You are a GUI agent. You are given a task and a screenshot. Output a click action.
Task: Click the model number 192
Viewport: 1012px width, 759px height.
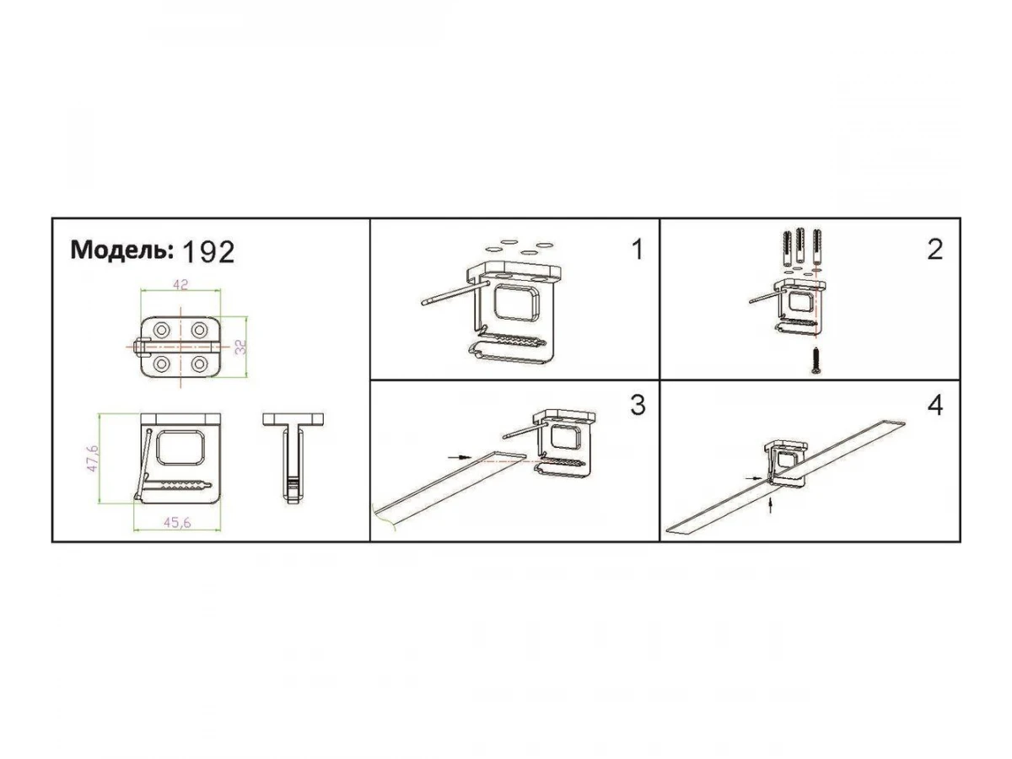point(209,252)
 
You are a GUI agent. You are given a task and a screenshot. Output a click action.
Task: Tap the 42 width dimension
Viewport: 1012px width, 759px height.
point(180,285)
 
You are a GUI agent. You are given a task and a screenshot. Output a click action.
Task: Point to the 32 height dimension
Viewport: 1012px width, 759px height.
point(240,347)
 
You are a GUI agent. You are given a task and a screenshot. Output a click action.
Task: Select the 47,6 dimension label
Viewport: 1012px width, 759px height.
point(92,458)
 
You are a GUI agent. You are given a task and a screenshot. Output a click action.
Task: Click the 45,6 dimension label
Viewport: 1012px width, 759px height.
point(177,523)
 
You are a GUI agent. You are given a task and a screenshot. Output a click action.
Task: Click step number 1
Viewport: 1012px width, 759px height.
point(637,250)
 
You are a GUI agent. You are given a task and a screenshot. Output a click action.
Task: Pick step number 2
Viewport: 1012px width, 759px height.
point(934,250)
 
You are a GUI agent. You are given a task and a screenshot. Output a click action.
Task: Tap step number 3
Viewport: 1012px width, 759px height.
point(638,405)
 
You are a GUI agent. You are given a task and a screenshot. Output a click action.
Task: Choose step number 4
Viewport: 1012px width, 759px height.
point(934,406)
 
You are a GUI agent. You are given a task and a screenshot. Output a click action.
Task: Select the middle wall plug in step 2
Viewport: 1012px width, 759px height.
point(800,245)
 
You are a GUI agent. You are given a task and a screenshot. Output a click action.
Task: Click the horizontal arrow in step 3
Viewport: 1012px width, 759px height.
point(460,457)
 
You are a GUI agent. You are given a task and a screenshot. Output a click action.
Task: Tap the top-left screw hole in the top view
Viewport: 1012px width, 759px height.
point(162,330)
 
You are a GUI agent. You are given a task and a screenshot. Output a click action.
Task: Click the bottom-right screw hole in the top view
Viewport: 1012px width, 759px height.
point(199,364)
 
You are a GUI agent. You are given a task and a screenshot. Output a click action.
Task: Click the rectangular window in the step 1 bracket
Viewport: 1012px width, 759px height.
point(516,302)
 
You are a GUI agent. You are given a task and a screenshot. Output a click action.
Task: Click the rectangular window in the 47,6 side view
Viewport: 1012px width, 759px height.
point(180,447)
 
